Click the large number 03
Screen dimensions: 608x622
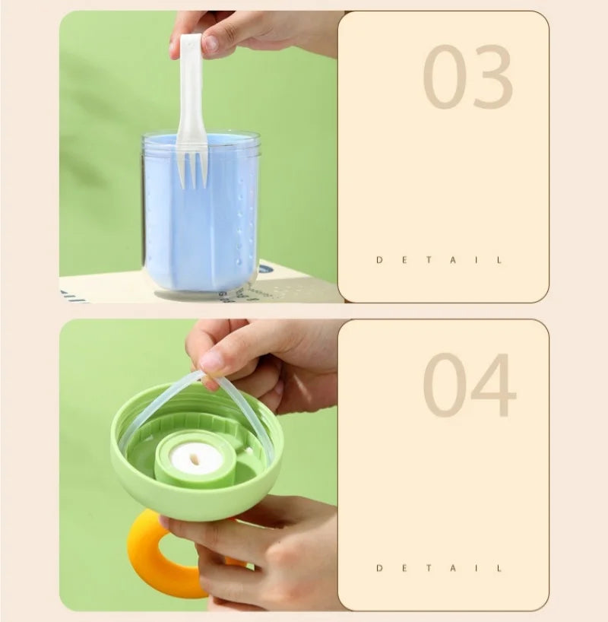tap(467, 77)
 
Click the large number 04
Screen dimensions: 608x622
tap(470, 385)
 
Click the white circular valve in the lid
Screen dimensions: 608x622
tap(196, 459)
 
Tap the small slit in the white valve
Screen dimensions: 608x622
tap(195, 459)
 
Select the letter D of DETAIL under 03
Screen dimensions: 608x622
tap(379, 260)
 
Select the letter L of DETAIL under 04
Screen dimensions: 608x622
tap(499, 568)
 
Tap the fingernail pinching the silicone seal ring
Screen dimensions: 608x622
tap(211, 361)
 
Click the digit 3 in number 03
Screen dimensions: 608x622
tap(492, 77)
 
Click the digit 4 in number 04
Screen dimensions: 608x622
tap(494, 385)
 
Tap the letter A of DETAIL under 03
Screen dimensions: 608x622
tap(453, 260)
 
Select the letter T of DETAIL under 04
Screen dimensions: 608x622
tap(429, 568)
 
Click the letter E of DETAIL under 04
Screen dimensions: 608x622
tap(404, 568)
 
